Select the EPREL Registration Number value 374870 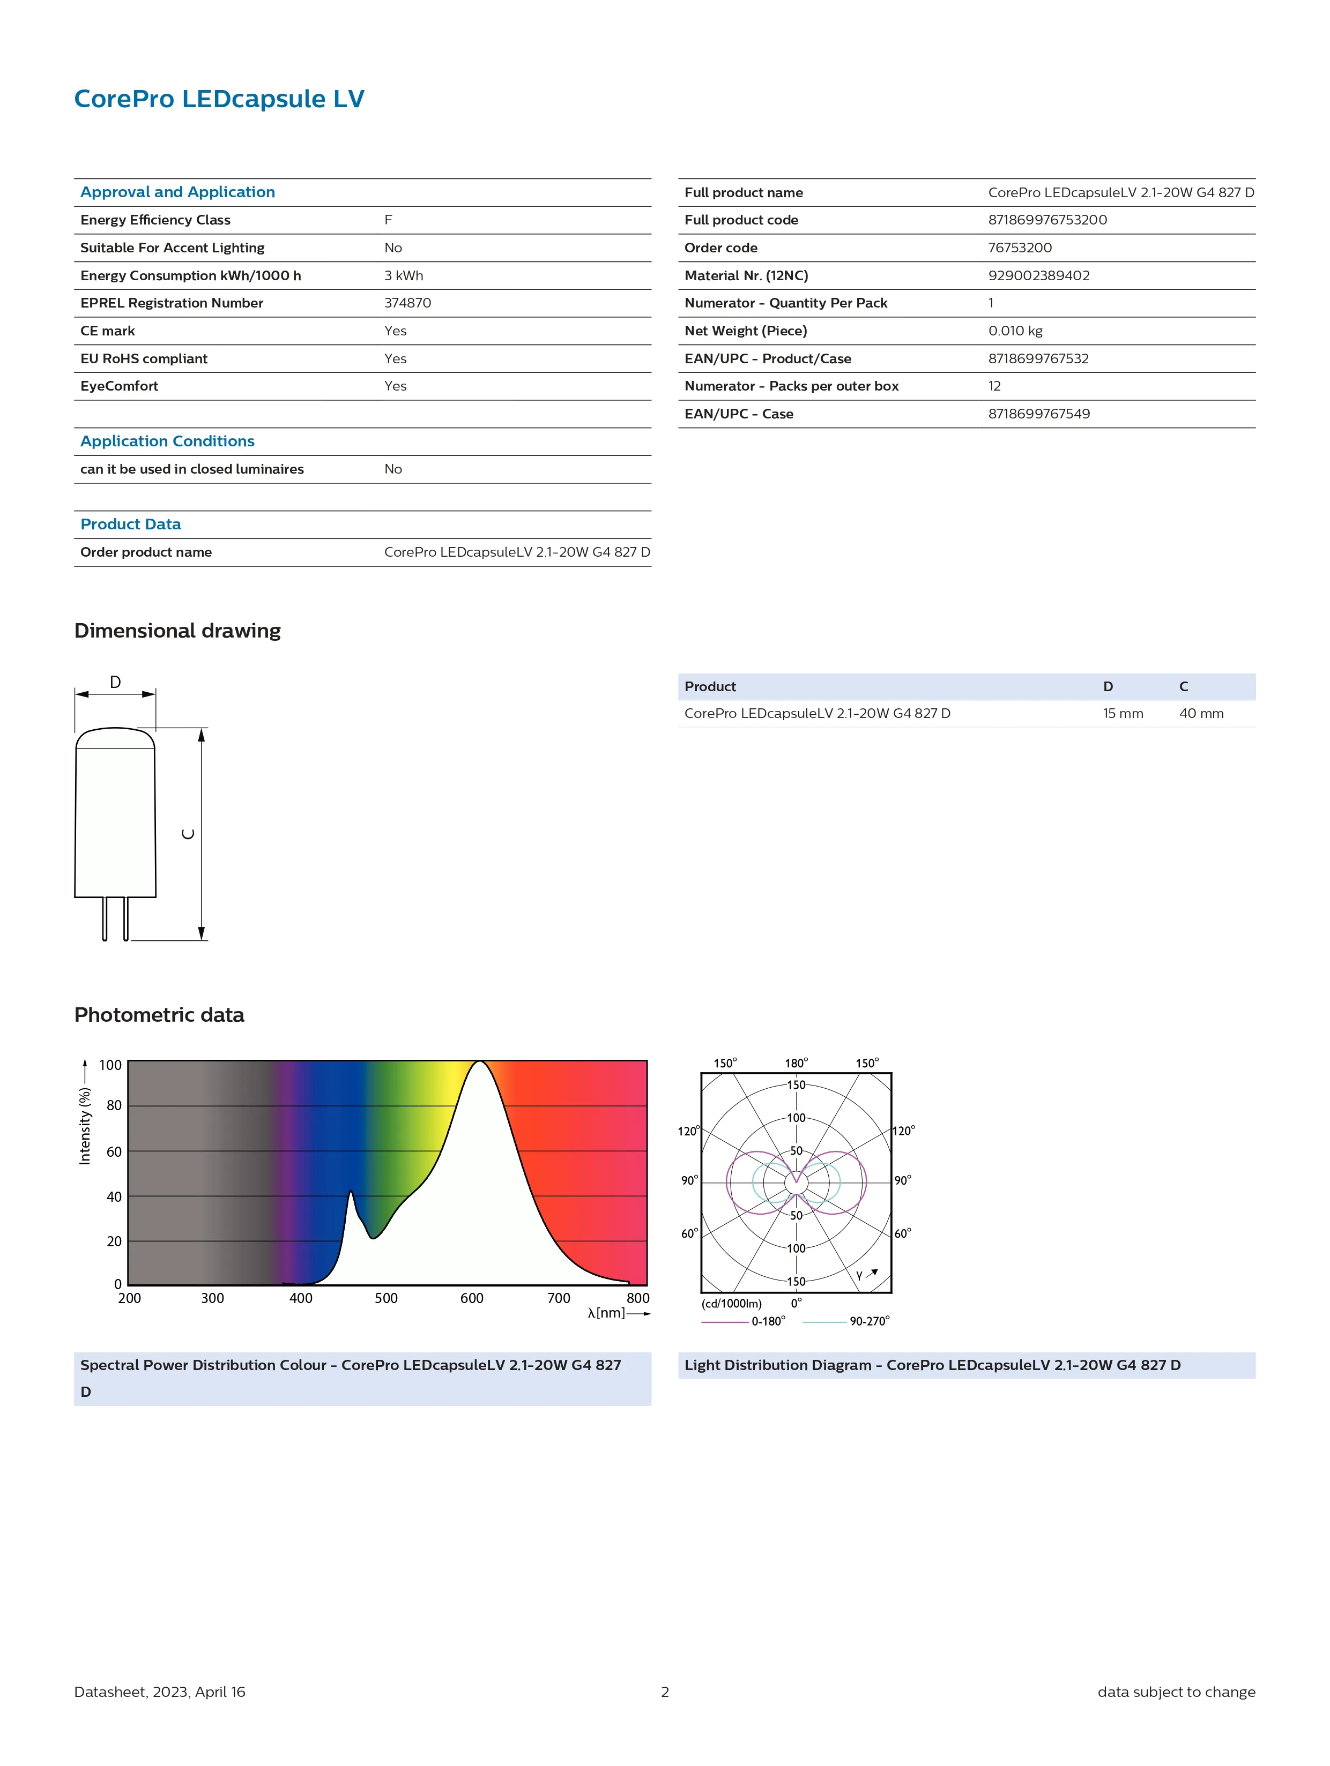point(407,303)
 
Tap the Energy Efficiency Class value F point(388,220)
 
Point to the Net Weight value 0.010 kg point(1014,331)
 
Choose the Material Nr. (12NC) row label point(746,275)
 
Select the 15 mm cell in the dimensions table point(1123,714)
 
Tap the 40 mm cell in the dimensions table point(1201,714)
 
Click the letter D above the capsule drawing point(115,683)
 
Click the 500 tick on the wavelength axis point(386,1298)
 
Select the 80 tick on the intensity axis point(114,1106)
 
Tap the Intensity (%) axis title point(85,1126)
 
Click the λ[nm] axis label point(606,1313)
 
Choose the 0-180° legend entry point(768,1321)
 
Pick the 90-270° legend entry point(869,1321)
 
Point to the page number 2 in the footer point(665,1692)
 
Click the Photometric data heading point(159,1015)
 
